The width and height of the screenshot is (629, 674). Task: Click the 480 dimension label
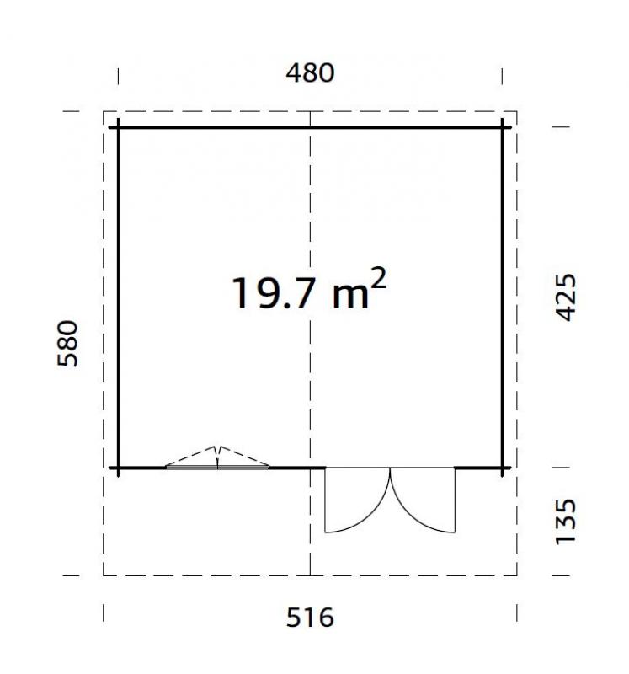point(310,73)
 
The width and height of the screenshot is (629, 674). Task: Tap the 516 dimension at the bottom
point(310,618)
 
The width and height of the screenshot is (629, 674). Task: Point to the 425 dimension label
point(567,297)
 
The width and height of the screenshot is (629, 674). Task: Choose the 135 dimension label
point(567,522)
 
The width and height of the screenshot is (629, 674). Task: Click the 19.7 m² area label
point(308,292)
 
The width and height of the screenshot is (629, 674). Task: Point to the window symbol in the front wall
point(218,463)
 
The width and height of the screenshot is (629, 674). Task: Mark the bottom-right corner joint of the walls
point(503,467)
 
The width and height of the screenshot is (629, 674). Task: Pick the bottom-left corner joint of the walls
point(118,467)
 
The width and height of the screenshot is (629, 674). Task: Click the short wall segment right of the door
point(478,467)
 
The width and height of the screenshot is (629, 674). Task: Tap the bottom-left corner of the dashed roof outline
point(104,575)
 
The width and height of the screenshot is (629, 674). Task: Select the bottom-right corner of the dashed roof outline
point(517,575)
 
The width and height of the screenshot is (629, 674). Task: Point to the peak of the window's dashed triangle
point(218,447)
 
